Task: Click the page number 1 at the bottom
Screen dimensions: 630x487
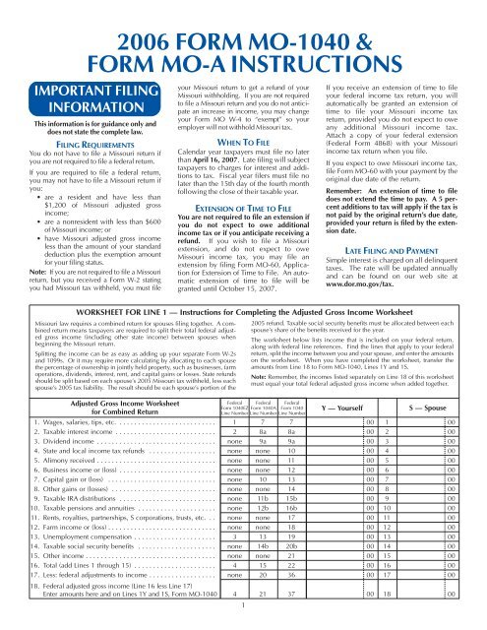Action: pos(243,619)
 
